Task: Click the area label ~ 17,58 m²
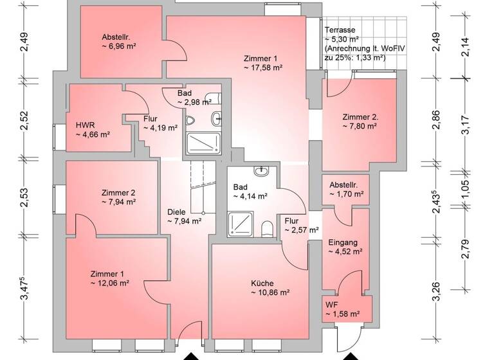pyautogui.click(x=264, y=67)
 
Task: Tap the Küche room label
pyautogui.click(x=262, y=283)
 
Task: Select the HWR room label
pyautogui.click(x=85, y=125)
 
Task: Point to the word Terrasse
pyautogui.click(x=340, y=31)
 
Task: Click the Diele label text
pyautogui.click(x=176, y=211)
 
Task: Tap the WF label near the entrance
pyautogui.click(x=331, y=304)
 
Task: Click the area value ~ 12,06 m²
pyautogui.click(x=110, y=282)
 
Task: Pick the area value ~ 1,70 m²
pyautogui.click(x=347, y=193)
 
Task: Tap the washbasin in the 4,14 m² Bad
pyautogui.click(x=262, y=172)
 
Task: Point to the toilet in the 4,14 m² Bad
pyautogui.click(x=267, y=228)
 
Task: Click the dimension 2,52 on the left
pyautogui.click(x=24, y=121)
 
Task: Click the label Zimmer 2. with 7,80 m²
pyautogui.click(x=360, y=117)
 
